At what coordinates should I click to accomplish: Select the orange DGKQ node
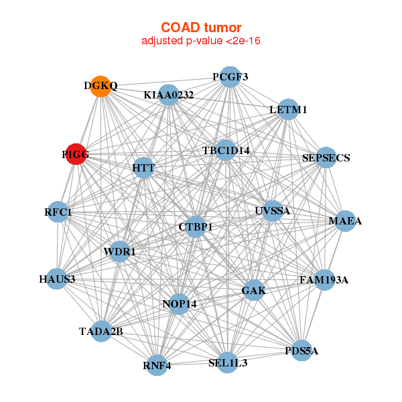(x=100, y=86)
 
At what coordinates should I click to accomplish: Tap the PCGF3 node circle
(x=230, y=76)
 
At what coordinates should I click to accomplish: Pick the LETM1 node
(x=287, y=109)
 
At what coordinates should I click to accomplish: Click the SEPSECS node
(x=326, y=157)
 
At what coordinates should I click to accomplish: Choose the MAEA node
(x=344, y=221)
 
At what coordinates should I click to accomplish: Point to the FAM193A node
(x=324, y=279)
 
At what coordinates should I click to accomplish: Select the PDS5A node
(x=301, y=350)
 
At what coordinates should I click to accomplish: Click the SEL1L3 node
(x=228, y=362)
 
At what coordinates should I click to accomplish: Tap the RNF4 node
(x=157, y=365)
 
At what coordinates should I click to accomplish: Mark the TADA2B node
(x=101, y=331)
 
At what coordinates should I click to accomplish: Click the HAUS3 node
(x=57, y=279)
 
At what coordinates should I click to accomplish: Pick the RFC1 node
(x=58, y=212)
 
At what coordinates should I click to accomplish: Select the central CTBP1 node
(x=196, y=227)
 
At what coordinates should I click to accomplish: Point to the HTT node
(x=143, y=167)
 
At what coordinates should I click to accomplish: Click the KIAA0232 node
(x=169, y=95)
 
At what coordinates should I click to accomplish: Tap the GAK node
(x=253, y=290)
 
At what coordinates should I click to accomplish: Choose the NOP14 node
(x=180, y=304)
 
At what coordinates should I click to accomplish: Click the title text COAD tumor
(x=201, y=27)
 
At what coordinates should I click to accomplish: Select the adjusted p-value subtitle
(x=201, y=41)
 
